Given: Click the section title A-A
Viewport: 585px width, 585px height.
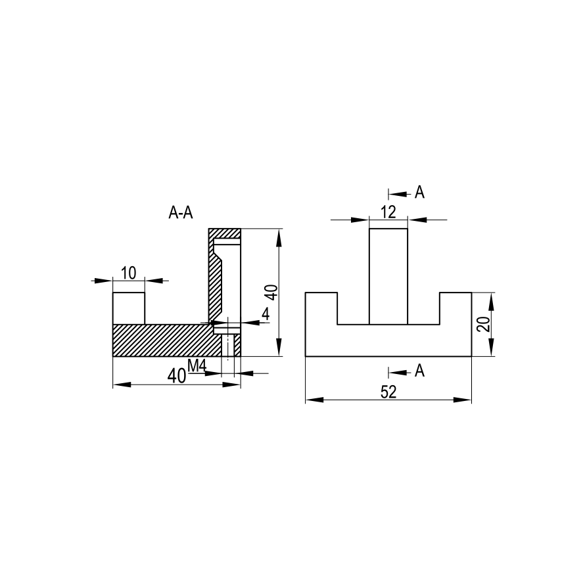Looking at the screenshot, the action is pos(181,213).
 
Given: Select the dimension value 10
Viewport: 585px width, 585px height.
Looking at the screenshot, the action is pos(129,273).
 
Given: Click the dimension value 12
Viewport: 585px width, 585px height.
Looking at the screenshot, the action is pos(388,212).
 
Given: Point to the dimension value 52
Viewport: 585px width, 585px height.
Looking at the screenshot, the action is pos(388,392).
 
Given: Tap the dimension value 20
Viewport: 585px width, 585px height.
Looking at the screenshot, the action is pos(484,324).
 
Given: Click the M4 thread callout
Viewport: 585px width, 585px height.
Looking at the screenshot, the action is pos(197,366).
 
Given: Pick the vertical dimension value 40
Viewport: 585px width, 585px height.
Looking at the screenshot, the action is pos(273,292).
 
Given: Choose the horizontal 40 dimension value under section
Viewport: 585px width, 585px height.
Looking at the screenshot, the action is pos(177,376).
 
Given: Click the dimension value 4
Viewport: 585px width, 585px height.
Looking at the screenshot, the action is pos(266,314).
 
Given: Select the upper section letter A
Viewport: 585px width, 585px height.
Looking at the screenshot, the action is pos(420,193).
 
